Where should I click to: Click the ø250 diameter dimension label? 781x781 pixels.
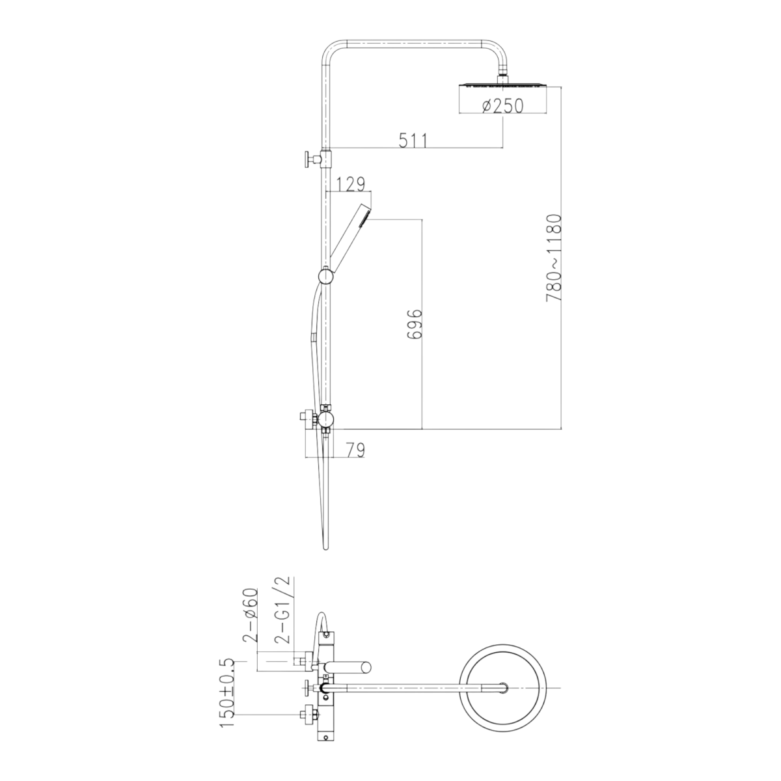click(x=503, y=106)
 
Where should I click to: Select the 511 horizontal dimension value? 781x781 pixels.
click(x=413, y=140)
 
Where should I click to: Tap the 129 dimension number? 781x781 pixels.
click(x=351, y=184)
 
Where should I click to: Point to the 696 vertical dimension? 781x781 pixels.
click(x=414, y=324)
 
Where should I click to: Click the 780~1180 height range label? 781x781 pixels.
click(x=554, y=258)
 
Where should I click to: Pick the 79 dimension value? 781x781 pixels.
click(x=355, y=450)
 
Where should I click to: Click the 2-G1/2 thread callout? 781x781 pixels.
click(x=283, y=610)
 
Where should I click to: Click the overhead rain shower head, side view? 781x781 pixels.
click(x=503, y=85)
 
